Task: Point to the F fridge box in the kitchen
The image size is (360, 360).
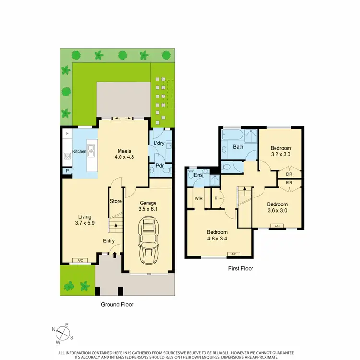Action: [67, 133]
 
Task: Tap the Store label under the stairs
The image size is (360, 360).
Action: [116, 201]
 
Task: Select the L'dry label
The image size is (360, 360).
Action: [159, 144]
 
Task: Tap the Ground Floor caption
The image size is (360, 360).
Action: [117, 304]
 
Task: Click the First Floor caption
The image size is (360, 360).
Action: [240, 269]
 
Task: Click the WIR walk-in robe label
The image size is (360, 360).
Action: [197, 197]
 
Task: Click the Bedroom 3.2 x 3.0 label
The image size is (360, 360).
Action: [281, 151]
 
